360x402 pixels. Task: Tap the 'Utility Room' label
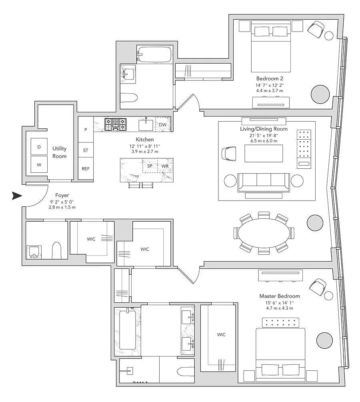coord(60,152)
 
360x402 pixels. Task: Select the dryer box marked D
coord(39,147)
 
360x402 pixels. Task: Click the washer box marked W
coord(39,164)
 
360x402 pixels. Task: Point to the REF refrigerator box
coord(86,168)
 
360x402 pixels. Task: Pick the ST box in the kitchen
coord(86,150)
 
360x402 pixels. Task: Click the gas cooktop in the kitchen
coord(116,124)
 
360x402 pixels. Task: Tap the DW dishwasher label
coord(162,124)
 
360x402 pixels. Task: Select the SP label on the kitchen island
coord(150,166)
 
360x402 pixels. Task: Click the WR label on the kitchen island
coord(165,166)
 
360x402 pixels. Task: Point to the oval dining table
coord(264,233)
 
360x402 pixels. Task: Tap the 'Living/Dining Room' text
coord(264,129)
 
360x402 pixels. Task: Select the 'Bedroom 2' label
coord(270,78)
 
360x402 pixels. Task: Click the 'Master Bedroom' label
coord(280,296)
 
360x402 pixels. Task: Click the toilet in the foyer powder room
coord(57,250)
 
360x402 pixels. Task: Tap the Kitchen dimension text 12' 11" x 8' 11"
coord(145,146)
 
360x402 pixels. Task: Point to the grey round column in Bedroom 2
coord(320,94)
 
